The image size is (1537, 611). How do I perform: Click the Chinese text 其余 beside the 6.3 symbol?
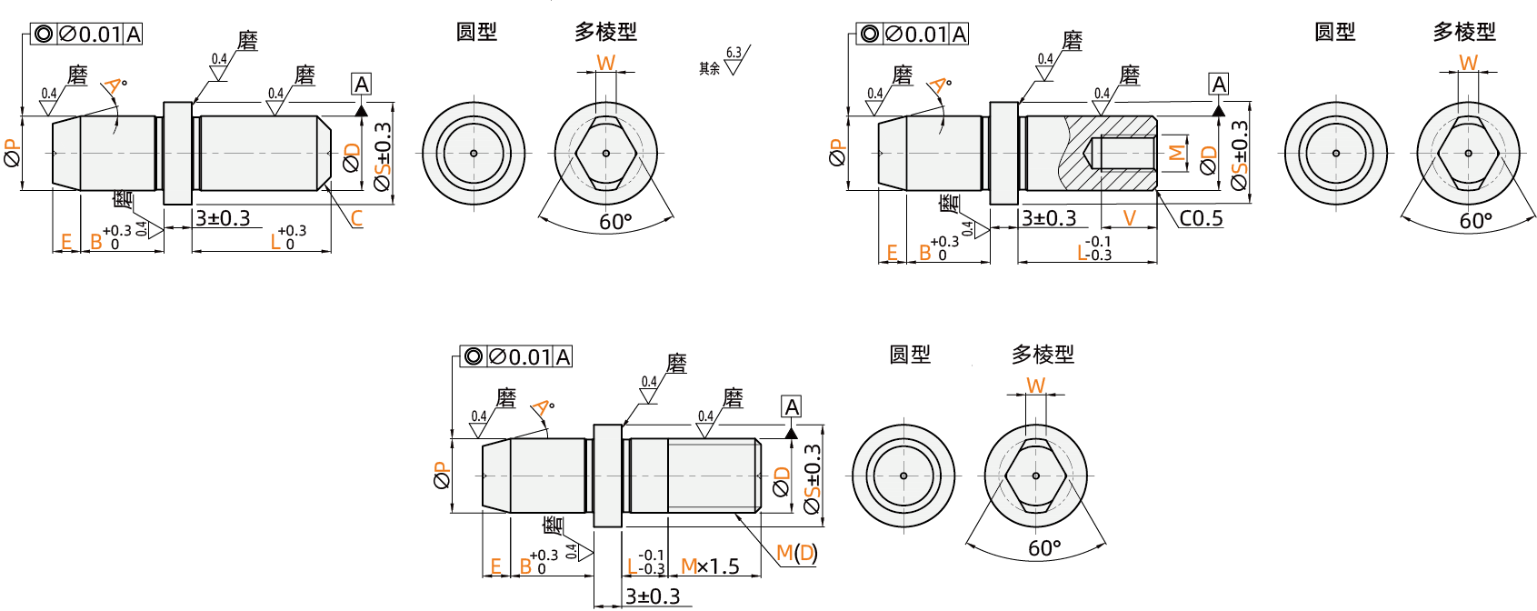pos(709,68)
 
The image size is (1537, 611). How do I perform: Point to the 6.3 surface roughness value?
pos(734,53)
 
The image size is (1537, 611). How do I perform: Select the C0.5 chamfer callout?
pos(1201,218)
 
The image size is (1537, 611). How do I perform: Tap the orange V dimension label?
pos(1130,218)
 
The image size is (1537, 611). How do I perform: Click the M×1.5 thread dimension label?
pos(710,566)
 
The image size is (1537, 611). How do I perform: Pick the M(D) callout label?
pos(797,553)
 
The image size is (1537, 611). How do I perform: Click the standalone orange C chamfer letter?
pos(356,218)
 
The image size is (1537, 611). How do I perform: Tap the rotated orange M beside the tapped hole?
pos(1176,153)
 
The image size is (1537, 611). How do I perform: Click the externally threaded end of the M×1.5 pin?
pos(713,476)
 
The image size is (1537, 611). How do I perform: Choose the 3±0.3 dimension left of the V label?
pos(1049,218)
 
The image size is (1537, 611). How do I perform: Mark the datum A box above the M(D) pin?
pos(792,406)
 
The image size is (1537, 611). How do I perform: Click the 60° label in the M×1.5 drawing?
pos(1044,548)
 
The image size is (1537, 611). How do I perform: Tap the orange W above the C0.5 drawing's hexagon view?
pos(1469,63)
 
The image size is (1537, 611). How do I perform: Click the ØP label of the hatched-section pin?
pos(837,153)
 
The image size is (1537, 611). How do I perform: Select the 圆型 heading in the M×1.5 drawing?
pos(910,355)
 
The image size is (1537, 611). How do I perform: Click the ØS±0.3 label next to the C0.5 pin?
pos(1239,155)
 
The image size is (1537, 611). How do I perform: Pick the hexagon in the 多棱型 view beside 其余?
pos(606,153)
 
